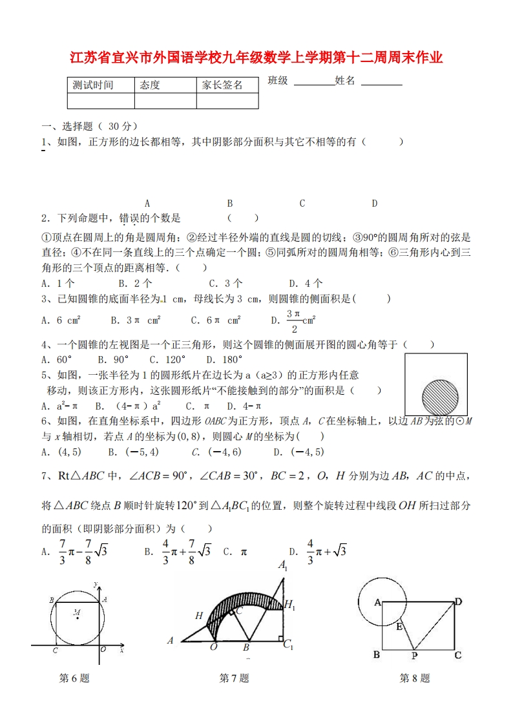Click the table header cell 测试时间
click(94, 85)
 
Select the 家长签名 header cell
click(222, 85)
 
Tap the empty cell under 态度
click(165, 101)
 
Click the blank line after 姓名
click(381, 83)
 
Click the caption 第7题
click(234, 678)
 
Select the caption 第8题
click(414, 678)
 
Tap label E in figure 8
click(399, 626)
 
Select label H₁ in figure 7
click(289, 605)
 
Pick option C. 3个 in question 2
click(225, 283)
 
